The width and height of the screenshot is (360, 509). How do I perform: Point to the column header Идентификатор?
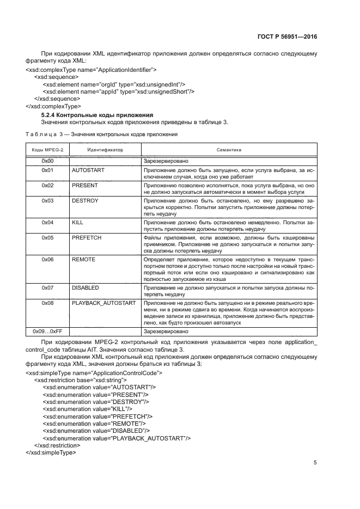point(105,149)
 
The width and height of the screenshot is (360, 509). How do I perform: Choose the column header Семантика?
point(229,149)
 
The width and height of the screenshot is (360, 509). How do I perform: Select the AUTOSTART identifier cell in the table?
point(88,170)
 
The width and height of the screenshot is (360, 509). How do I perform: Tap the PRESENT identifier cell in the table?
point(85,185)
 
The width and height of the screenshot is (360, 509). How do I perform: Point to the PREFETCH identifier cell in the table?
point(87,238)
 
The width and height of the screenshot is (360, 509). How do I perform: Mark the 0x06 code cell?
point(47,260)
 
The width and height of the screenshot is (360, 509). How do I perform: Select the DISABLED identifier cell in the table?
point(86,286)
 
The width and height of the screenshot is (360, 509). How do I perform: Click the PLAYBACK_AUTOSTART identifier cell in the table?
point(103,302)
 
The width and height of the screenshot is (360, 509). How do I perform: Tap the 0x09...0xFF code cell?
point(47,330)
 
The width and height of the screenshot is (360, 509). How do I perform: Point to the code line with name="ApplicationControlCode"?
point(94,373)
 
